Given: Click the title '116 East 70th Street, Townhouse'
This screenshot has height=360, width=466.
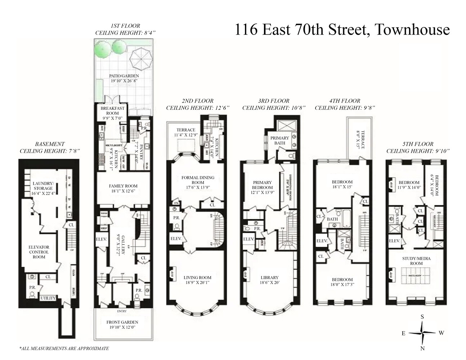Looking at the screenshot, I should (342, 29).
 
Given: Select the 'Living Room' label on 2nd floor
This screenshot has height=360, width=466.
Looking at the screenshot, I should (197, 280).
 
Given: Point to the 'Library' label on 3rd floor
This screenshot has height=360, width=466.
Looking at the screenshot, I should (270, 280).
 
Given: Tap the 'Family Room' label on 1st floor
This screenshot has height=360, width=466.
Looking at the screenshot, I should (123, 188).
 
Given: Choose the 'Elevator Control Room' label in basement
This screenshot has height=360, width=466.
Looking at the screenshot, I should (39, 252).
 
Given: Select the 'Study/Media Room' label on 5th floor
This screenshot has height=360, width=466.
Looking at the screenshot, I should (416, 261).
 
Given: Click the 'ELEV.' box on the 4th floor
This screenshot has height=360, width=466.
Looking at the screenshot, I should (322, 241).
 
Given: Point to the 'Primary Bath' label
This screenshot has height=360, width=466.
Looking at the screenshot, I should (279, 140).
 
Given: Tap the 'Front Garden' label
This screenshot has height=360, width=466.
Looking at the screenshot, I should (122, 325).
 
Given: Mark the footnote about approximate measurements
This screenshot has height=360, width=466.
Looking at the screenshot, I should (64, 348).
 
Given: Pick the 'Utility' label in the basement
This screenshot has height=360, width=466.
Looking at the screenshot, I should (48, 298).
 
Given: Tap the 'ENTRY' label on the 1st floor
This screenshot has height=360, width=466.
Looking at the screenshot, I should (122, 311).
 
